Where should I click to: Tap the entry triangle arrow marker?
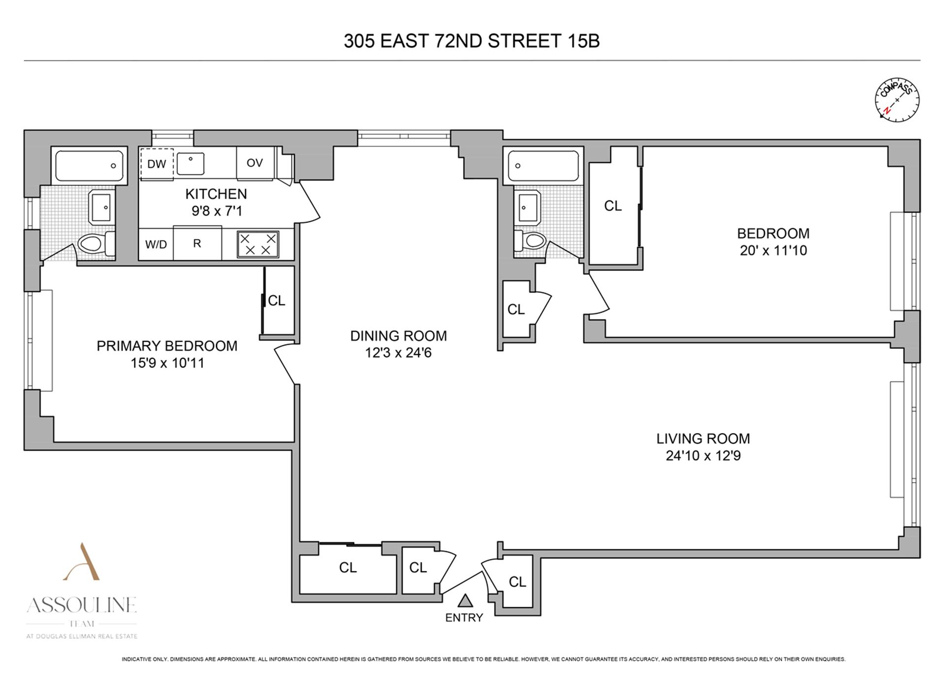point(465,601)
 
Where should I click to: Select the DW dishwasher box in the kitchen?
point(157,164)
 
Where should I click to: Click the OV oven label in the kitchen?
point(254,163)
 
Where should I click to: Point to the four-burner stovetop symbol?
point(258,244)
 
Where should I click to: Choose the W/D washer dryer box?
point(156,244)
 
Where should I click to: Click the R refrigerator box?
point(197,243)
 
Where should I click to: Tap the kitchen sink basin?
point(190,163)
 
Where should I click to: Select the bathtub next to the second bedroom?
point(543,165)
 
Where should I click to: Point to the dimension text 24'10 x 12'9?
point(703,456)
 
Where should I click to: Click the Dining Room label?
point(398,336)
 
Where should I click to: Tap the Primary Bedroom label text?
point(167,346)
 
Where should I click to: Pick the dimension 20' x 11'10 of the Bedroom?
point(773,250)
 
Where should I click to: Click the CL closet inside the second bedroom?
point(613,206)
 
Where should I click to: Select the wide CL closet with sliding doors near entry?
point(347,568)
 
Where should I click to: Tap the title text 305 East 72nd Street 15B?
point(472,41)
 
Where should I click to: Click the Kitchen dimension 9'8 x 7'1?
point(217,211)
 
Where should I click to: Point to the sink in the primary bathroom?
point(102,207)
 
